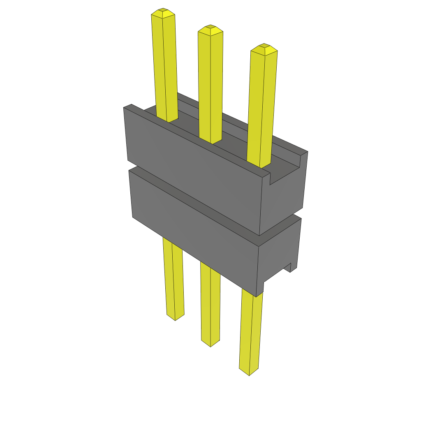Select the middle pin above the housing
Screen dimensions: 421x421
pos(210,86)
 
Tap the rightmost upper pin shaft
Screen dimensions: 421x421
pos(262,107)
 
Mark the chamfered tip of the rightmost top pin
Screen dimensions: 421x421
pos(264,49)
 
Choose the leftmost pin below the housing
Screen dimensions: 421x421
pos(173,280)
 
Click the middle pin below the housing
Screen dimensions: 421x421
pos(210,304)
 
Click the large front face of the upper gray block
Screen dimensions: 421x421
pos(193,173)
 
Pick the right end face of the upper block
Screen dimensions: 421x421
pos(284,197)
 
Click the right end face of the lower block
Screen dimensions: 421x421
pos(280,251)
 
